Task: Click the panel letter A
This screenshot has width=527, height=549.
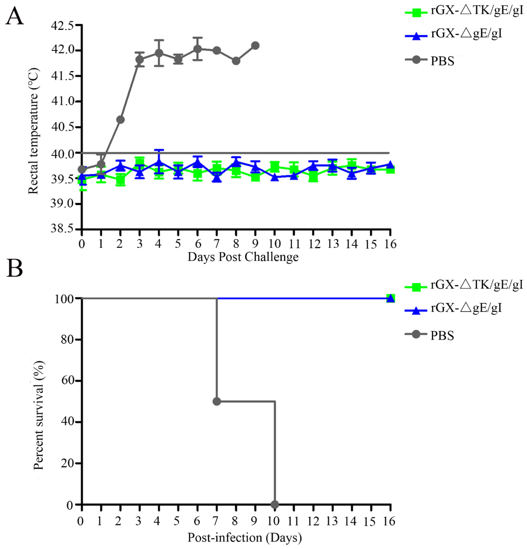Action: pos(15,16)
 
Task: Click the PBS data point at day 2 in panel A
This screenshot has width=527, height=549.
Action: pos(120,120)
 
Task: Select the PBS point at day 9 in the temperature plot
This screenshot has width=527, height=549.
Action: pos(255,45)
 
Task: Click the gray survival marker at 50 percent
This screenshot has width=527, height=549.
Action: pos(217,401)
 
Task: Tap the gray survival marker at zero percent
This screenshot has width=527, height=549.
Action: pos(275,504)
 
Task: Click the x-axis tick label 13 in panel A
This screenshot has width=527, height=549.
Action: pos(333,244)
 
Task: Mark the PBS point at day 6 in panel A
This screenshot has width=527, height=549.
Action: pos(198,49)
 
